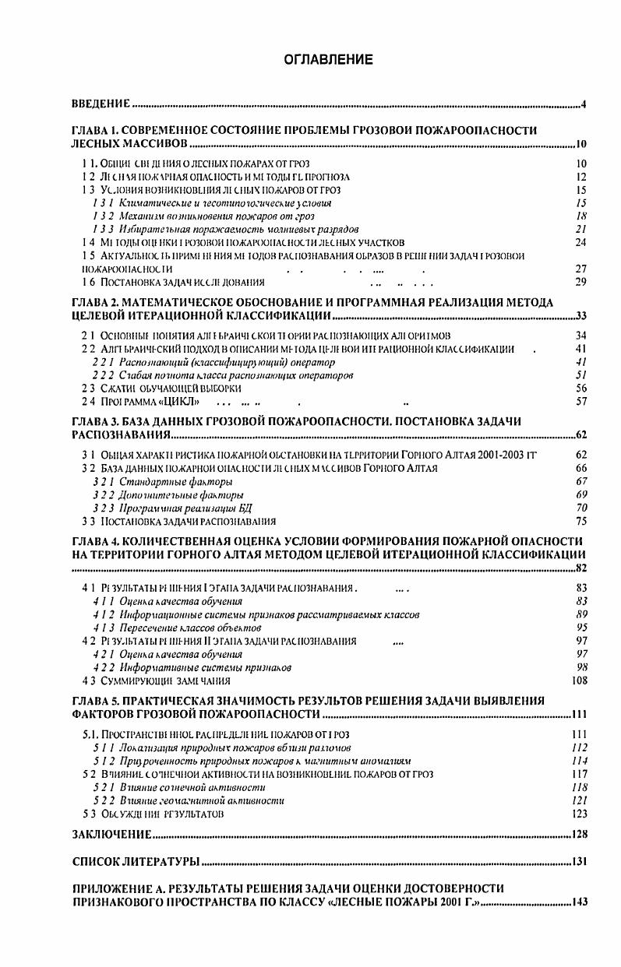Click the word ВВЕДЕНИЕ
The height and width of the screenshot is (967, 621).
[x=100, y=104]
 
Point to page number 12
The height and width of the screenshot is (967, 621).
[x=580, y=177]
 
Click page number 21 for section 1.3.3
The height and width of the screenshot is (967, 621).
[x=580, y=229]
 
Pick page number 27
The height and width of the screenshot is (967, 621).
[x=580, y=269]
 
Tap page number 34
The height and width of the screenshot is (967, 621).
[x=580, y=336]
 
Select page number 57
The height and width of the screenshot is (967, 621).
[x=580, y=402]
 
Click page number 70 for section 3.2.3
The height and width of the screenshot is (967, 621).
[x=580, y=508]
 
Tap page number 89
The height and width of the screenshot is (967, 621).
[x=580, y=614]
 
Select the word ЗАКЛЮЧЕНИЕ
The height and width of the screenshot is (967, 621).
[x=111, y=834]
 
